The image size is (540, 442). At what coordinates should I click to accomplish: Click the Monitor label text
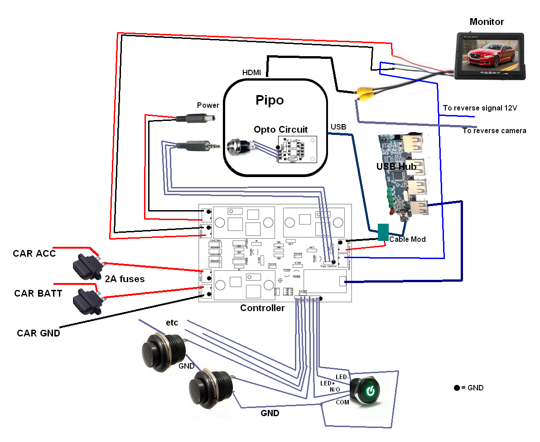point(487,22)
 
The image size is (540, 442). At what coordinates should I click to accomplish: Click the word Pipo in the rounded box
point(270,100)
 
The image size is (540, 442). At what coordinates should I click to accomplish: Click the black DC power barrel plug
point(195,119)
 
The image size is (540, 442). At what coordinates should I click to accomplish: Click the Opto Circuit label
point(280,130)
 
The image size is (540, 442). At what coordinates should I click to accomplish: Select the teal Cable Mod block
point(383,232)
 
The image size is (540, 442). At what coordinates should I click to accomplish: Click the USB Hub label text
point(396,167)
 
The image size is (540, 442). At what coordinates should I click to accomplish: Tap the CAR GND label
point(39,333)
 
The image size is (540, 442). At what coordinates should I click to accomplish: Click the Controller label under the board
point(262,308)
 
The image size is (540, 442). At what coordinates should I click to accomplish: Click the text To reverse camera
point(494,131)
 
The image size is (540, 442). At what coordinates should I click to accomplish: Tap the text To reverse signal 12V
point(480,108)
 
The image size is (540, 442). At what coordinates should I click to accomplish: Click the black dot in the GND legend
point(456,388)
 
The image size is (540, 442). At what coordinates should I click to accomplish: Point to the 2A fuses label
point(125,279)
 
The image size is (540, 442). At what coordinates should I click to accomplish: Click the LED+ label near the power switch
point(328,383)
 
